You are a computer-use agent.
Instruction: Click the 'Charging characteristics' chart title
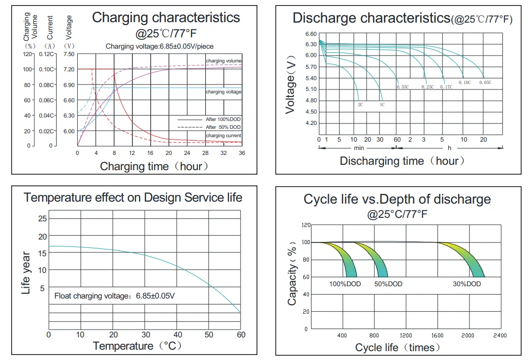(x=166, y=18)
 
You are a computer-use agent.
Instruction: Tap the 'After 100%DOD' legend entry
(x=223, y=120)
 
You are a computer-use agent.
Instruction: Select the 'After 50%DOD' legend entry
(x=223, y=127)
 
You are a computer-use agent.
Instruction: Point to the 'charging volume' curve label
(x=223, y=61)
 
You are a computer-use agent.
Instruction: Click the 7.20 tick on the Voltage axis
(x=69, y=69)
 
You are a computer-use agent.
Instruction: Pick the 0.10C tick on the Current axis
(x=47, y=69)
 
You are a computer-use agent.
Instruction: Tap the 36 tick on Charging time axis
(x=242, y=153)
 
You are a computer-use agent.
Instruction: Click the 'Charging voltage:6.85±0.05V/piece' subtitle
(x=159, y=46)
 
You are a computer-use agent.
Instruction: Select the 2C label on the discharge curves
(x=360, y=105)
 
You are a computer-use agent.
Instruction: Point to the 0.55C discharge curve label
(x=402, y=87)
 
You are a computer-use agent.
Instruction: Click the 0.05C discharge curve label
(x=485, y=83)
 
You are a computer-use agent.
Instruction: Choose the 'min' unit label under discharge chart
(x=359, y=148)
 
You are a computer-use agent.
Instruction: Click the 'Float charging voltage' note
(x=114, y=296)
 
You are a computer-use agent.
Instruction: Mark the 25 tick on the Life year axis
(x=43, y=218)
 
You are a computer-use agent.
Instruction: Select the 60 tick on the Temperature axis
(x=241, y=335)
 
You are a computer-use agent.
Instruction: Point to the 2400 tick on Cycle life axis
(x=499, y=335)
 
